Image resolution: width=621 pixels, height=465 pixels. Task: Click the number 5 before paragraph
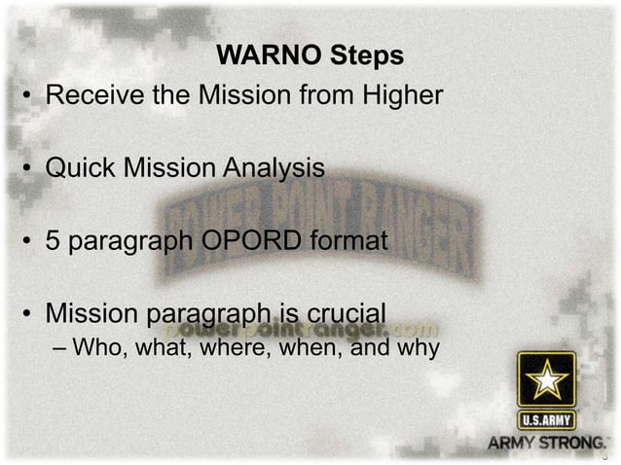55,240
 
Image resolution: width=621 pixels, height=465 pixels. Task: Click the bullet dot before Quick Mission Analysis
30,169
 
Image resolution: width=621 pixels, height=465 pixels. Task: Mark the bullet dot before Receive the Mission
30,98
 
